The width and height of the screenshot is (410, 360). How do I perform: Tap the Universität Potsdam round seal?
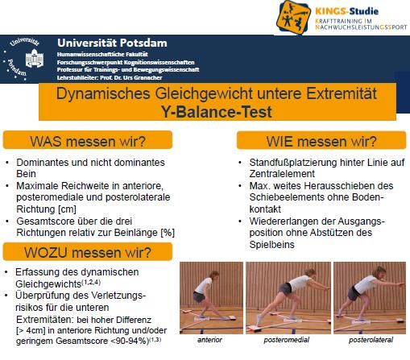click(x=23, y=59)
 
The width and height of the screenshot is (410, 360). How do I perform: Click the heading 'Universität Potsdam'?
click(x=112, y=43)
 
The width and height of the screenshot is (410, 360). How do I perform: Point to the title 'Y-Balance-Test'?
click(x=217, y=112)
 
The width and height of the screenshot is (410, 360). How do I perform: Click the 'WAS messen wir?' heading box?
click(x=88, y=140)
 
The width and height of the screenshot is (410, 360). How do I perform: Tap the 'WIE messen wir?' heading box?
click(x=321, y=140)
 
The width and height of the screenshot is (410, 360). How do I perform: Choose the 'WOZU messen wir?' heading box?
click(x=88, y=251)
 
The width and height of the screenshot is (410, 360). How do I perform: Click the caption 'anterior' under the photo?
click(x=209, y=340)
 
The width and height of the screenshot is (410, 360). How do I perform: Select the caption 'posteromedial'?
click(x=287, y=340)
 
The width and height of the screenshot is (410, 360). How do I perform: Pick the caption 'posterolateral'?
click(x=371, y=340)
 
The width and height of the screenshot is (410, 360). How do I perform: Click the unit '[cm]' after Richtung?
click(x=67, y=209)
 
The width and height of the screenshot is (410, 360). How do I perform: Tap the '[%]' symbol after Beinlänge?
click(x=168, y=233)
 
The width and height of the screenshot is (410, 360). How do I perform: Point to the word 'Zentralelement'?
click(x=282, y=174)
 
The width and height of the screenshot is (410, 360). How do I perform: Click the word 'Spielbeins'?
click(x=271, y=245)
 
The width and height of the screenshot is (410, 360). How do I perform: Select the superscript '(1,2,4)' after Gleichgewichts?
click(x=91, y=282)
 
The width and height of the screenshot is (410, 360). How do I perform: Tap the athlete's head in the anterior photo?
click(x=214, y=275)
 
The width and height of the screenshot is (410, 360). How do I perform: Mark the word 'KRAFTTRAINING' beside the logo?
click(x=339, y=21)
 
